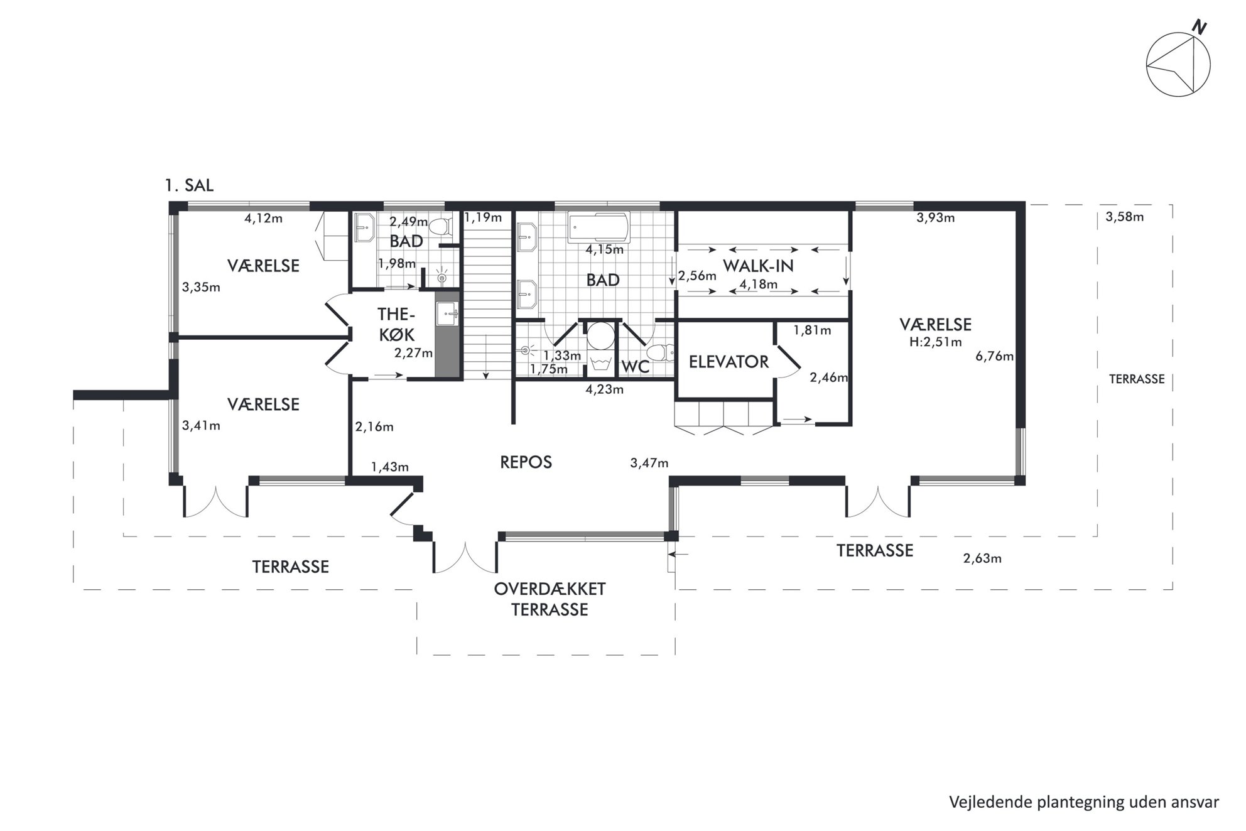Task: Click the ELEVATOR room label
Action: coord(729,362)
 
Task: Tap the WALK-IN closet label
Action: coord(758,266)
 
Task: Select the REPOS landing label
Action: coord(526,462)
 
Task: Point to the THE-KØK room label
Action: coord(396,323)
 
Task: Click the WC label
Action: coord(635,366)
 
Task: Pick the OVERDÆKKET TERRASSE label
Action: coord(550,599)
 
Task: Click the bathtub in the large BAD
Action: coord(599,227)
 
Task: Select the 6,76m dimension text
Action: coord(994,357)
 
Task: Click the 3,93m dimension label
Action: coord(935,218)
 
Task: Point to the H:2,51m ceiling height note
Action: coord(935,342)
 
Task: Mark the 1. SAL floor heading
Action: coord(189,185)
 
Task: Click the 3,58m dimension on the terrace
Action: coord(1124,217)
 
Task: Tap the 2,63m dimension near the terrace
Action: coord(982,558)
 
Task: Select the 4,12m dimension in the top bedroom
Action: coord(263,219)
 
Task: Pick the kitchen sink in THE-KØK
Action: coord(447,313)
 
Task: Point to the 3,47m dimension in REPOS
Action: coord(649,464)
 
